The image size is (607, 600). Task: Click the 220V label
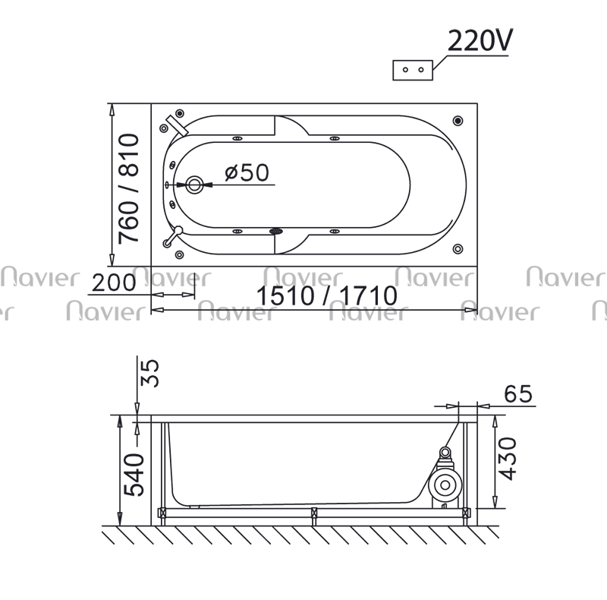[480, 40]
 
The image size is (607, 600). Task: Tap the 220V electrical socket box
[413, 70]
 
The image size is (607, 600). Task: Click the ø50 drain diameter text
[247, 172]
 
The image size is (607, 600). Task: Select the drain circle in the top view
[194, 185]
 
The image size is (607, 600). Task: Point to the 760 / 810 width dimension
[128, 188]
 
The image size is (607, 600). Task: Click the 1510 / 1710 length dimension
[327, 295]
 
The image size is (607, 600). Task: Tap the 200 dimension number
[114, 283]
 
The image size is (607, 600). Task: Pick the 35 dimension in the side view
[149, 373]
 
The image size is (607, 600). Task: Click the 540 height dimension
[134, 475]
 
